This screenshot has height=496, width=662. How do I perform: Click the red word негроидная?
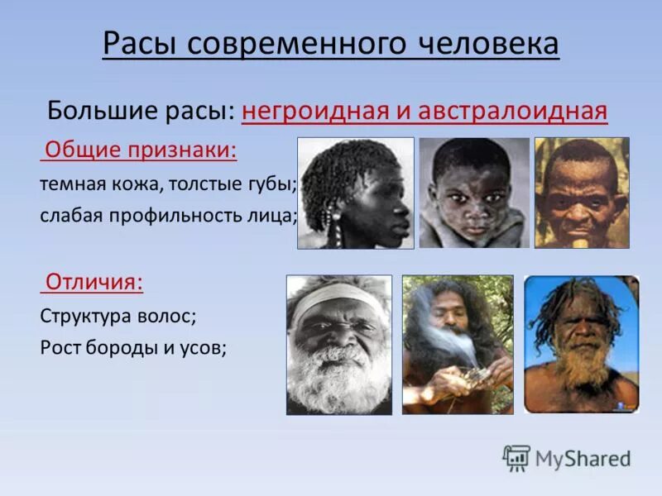click(x=322, y=110)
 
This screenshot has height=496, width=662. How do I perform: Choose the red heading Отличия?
click(x=94, y=282)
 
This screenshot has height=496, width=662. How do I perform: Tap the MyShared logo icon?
click(x=516, y=457)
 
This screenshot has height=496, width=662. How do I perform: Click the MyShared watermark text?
click(x=583, y=458)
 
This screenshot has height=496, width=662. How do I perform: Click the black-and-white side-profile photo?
click(x=355, y=193)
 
